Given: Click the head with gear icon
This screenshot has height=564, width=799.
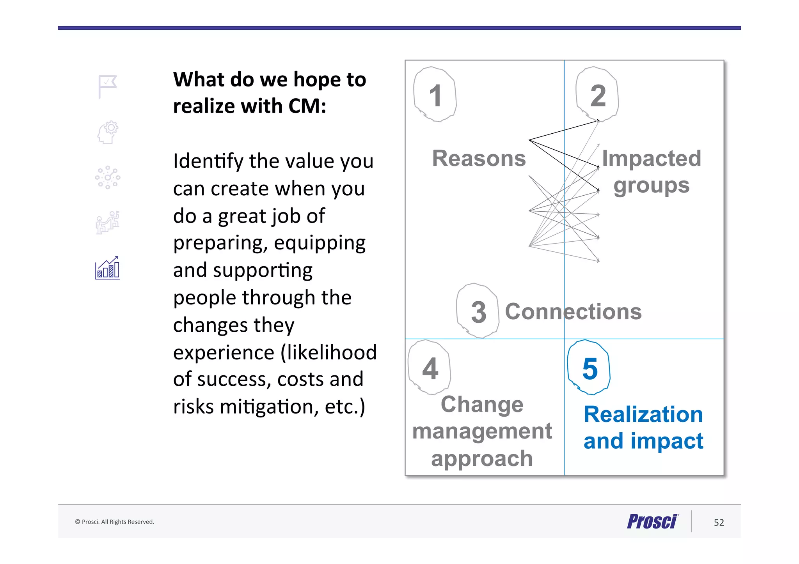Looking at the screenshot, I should coord(108,132).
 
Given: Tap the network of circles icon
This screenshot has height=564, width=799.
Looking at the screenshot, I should coord(108,178).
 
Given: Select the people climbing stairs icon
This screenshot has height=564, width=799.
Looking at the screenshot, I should coord(108,223).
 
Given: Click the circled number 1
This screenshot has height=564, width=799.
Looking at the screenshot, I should coord(435,95).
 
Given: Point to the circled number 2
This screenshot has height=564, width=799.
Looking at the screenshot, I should coord(598,95).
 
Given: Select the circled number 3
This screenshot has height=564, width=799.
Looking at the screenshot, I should coord(478,311).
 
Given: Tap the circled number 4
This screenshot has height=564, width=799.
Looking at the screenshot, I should coord(430,368).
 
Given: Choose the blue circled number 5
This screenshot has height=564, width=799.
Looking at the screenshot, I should coord(589,368).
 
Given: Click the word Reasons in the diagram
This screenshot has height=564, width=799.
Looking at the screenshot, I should coord(479,158).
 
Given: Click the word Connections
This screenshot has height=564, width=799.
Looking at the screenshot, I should coord(573,311).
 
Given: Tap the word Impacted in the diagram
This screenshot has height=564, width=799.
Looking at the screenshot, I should coord(651,158).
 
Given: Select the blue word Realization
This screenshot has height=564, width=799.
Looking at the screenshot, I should coord(643,414).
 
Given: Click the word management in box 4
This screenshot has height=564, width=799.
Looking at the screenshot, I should coord(482,431).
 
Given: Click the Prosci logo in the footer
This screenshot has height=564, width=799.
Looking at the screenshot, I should coord(653,521).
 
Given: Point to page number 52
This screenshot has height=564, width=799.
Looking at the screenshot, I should coord(719,522).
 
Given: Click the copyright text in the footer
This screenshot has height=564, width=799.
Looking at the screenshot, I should coord(115,522).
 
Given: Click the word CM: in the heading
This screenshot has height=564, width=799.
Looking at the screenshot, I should coord(307,106).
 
